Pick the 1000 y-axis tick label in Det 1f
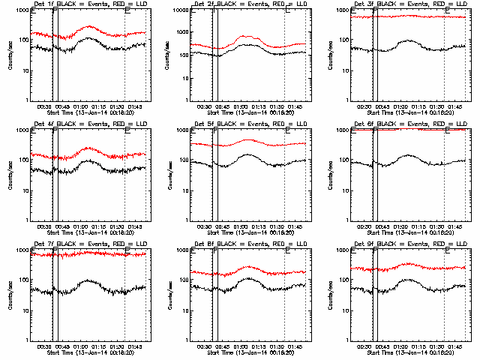(x=20, y=10)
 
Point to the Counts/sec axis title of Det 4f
(x=10, y=174)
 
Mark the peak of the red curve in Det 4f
(x=88, y=148)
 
